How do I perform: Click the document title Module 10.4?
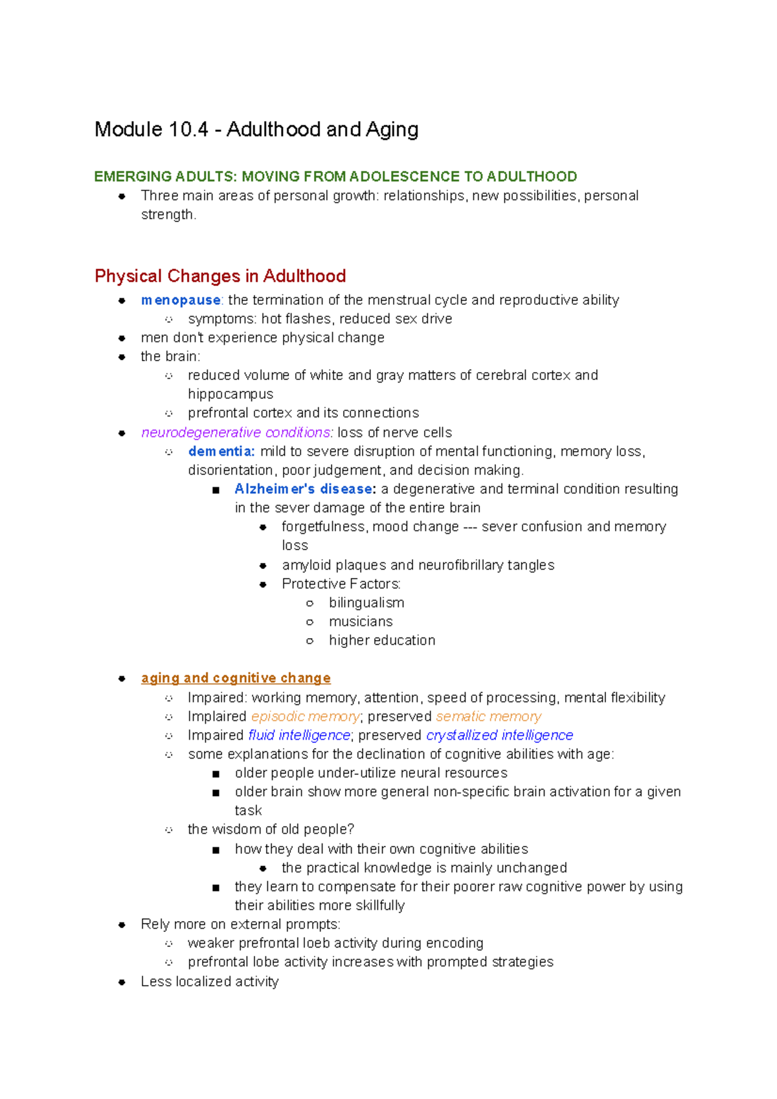256,129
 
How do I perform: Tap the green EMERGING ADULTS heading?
335,177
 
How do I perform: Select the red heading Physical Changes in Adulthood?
220,276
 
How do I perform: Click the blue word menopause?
181,300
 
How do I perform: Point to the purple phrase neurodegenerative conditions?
236,432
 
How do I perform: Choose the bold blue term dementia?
221,451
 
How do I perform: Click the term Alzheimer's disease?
304,489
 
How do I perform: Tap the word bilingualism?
366,603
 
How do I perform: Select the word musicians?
360,621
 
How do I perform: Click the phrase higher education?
381,640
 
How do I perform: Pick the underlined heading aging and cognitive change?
236,678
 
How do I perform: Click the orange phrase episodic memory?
306,716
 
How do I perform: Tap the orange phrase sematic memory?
488,716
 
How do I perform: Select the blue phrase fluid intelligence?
299,735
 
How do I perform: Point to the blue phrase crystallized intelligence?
499,735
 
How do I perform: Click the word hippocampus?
230,394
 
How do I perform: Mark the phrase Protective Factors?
341,584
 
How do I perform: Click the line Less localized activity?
209,982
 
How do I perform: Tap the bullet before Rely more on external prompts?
122,925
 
